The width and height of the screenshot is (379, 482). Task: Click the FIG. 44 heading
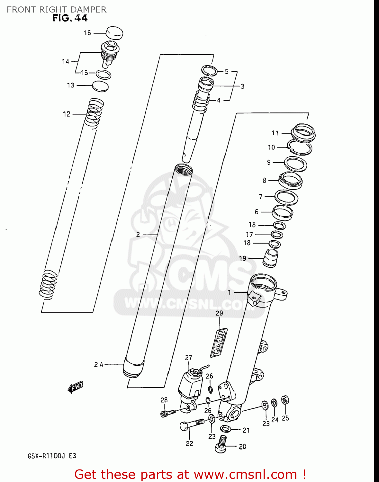tap(70, 18)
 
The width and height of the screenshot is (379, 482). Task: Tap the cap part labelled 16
tap(114, 33)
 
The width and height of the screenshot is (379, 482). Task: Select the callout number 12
tap(67, 114)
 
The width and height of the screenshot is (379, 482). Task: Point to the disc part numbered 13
tap(100, 86)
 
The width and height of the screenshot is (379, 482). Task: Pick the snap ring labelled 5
tap(209, 70)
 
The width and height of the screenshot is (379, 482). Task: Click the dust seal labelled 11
tap(303, 132)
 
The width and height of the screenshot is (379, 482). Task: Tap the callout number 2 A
tap(99, 364)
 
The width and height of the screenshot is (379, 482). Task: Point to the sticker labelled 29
tap(219, 343)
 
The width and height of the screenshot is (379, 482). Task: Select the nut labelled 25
tap(285, 400)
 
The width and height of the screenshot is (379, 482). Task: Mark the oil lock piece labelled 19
tap(270, 258)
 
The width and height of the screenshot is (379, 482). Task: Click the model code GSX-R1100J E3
tap(52, 456)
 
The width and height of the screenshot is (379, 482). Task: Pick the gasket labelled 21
tap(225, 429)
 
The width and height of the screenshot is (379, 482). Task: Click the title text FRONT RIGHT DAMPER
tap(57, 10)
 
